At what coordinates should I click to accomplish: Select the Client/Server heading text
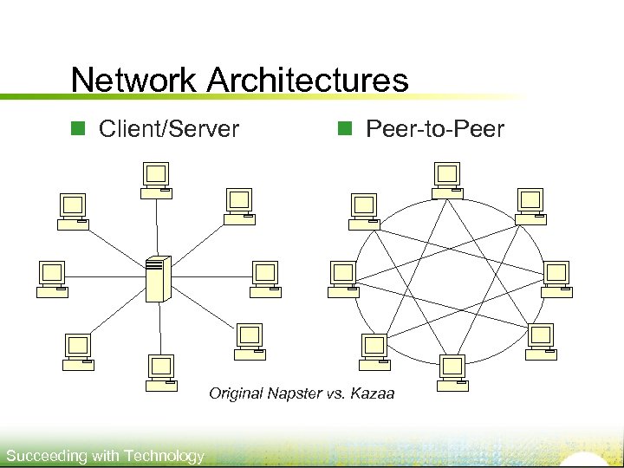(x=169, y=130)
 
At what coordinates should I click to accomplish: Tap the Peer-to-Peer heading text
(x=435, y=130)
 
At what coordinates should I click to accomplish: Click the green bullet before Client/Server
(x=76, y=130)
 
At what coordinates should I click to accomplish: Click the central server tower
(x=158, y=278)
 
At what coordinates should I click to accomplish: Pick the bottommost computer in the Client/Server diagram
(x=161, y=371)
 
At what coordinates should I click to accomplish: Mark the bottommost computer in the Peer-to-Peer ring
(x=452, y=371)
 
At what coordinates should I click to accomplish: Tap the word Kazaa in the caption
(x=374, y=394)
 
